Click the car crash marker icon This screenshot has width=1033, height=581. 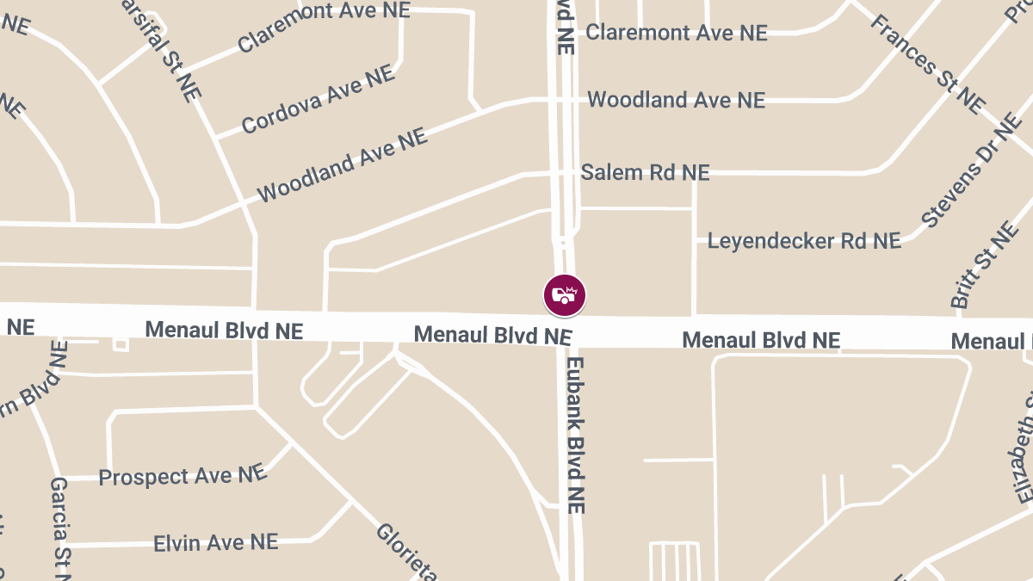(565, 295)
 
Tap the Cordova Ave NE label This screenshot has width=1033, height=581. (318, 100)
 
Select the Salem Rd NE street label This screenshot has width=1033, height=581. (645, 173)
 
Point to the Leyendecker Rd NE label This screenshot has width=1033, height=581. (804, 241)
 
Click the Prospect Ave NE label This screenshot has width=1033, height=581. (182, 476)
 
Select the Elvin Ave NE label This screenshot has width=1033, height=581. (215, 543)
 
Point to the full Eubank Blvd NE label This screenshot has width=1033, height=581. (576, 436)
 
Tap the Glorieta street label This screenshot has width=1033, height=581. (406, 552)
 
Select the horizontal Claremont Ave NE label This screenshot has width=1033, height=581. (676, 33)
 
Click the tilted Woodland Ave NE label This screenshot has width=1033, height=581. (342, 165)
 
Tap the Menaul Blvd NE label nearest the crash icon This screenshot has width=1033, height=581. (492, 334)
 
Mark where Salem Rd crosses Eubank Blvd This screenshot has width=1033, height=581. (566, 174)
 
